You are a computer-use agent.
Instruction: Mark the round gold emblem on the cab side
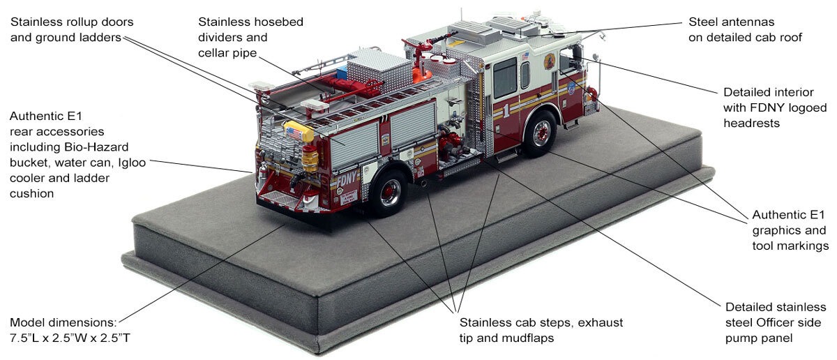click(550, 61)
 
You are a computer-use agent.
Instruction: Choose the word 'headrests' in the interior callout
click(751, 123)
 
